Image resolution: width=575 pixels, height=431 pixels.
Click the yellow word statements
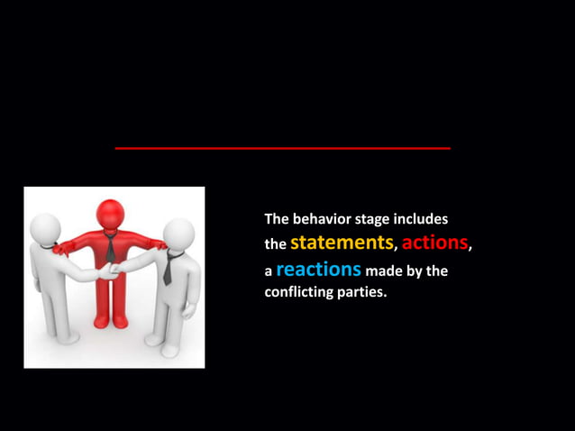[342, 243]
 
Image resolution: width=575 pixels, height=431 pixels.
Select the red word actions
[434, 243]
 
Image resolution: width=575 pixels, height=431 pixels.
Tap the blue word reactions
[318, 270]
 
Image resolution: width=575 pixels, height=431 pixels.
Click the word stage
[379, 220]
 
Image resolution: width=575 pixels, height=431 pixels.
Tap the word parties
[366, 293]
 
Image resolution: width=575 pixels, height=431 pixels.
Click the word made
[384, 271]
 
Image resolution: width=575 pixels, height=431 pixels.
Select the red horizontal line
[282, 148]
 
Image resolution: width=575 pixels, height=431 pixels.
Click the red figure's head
[111, 214]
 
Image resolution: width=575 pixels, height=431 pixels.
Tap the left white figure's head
[44, 227]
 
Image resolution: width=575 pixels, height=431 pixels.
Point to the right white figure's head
[179, 232]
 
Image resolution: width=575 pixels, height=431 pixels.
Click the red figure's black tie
[110, 247]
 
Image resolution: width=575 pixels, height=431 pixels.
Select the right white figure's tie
[168, 270]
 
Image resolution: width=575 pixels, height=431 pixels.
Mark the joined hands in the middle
[109, 270]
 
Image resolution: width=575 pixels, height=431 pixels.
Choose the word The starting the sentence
[277, 219]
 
